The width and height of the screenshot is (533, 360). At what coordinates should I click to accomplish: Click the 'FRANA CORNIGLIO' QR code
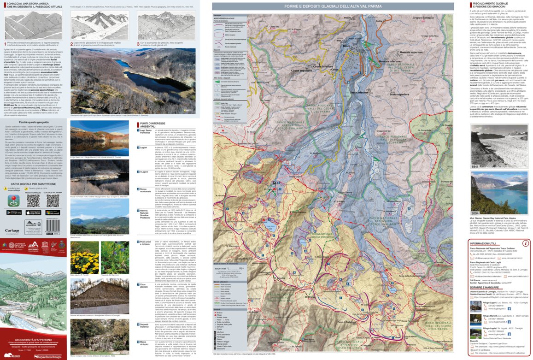click(33, 201)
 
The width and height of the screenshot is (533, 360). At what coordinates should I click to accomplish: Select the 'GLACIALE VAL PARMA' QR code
click(53, 201)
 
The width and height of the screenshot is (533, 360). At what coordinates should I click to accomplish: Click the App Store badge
click(33, 212)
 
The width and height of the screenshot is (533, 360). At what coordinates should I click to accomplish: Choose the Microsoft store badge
click(53, 212)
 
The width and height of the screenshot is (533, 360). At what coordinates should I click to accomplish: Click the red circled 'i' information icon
click(525, 243)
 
